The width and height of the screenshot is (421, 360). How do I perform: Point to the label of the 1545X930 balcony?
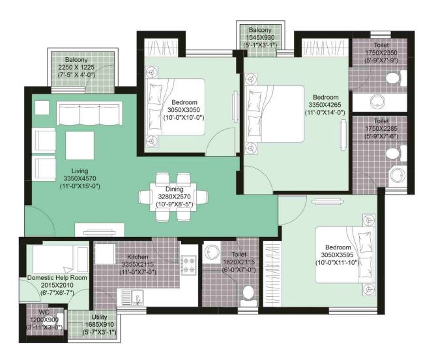tap(259, 38)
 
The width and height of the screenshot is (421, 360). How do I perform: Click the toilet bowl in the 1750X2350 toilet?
tap(391, 79)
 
